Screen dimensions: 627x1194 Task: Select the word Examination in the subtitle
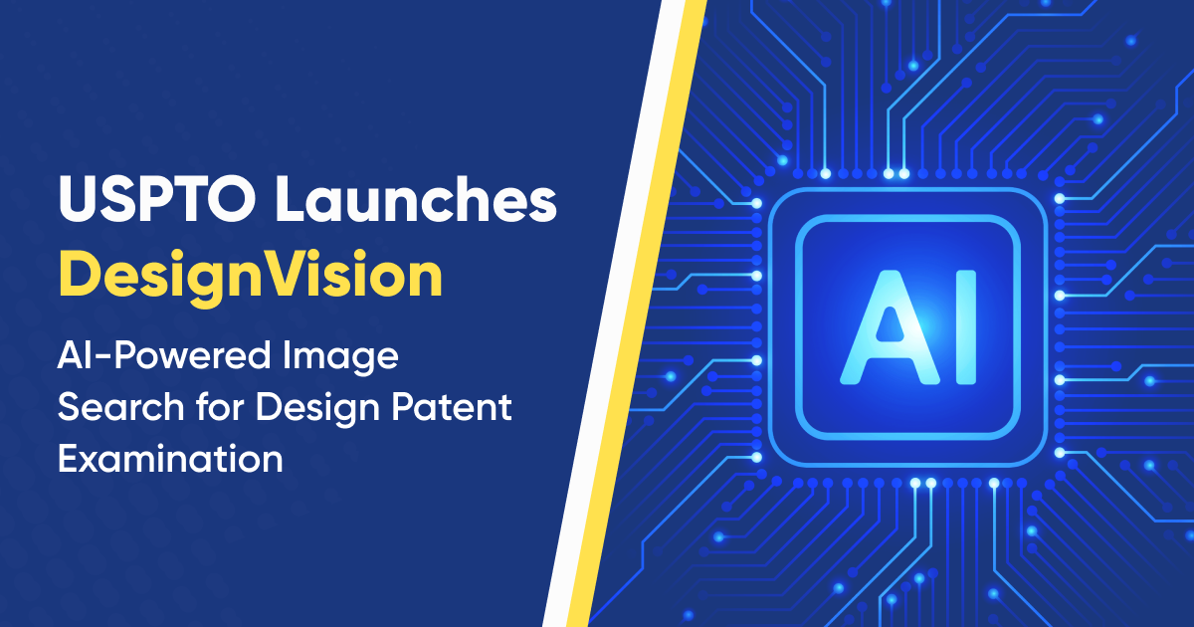(x=169, y=459)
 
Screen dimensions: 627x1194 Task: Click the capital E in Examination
(x=68, y=459)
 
